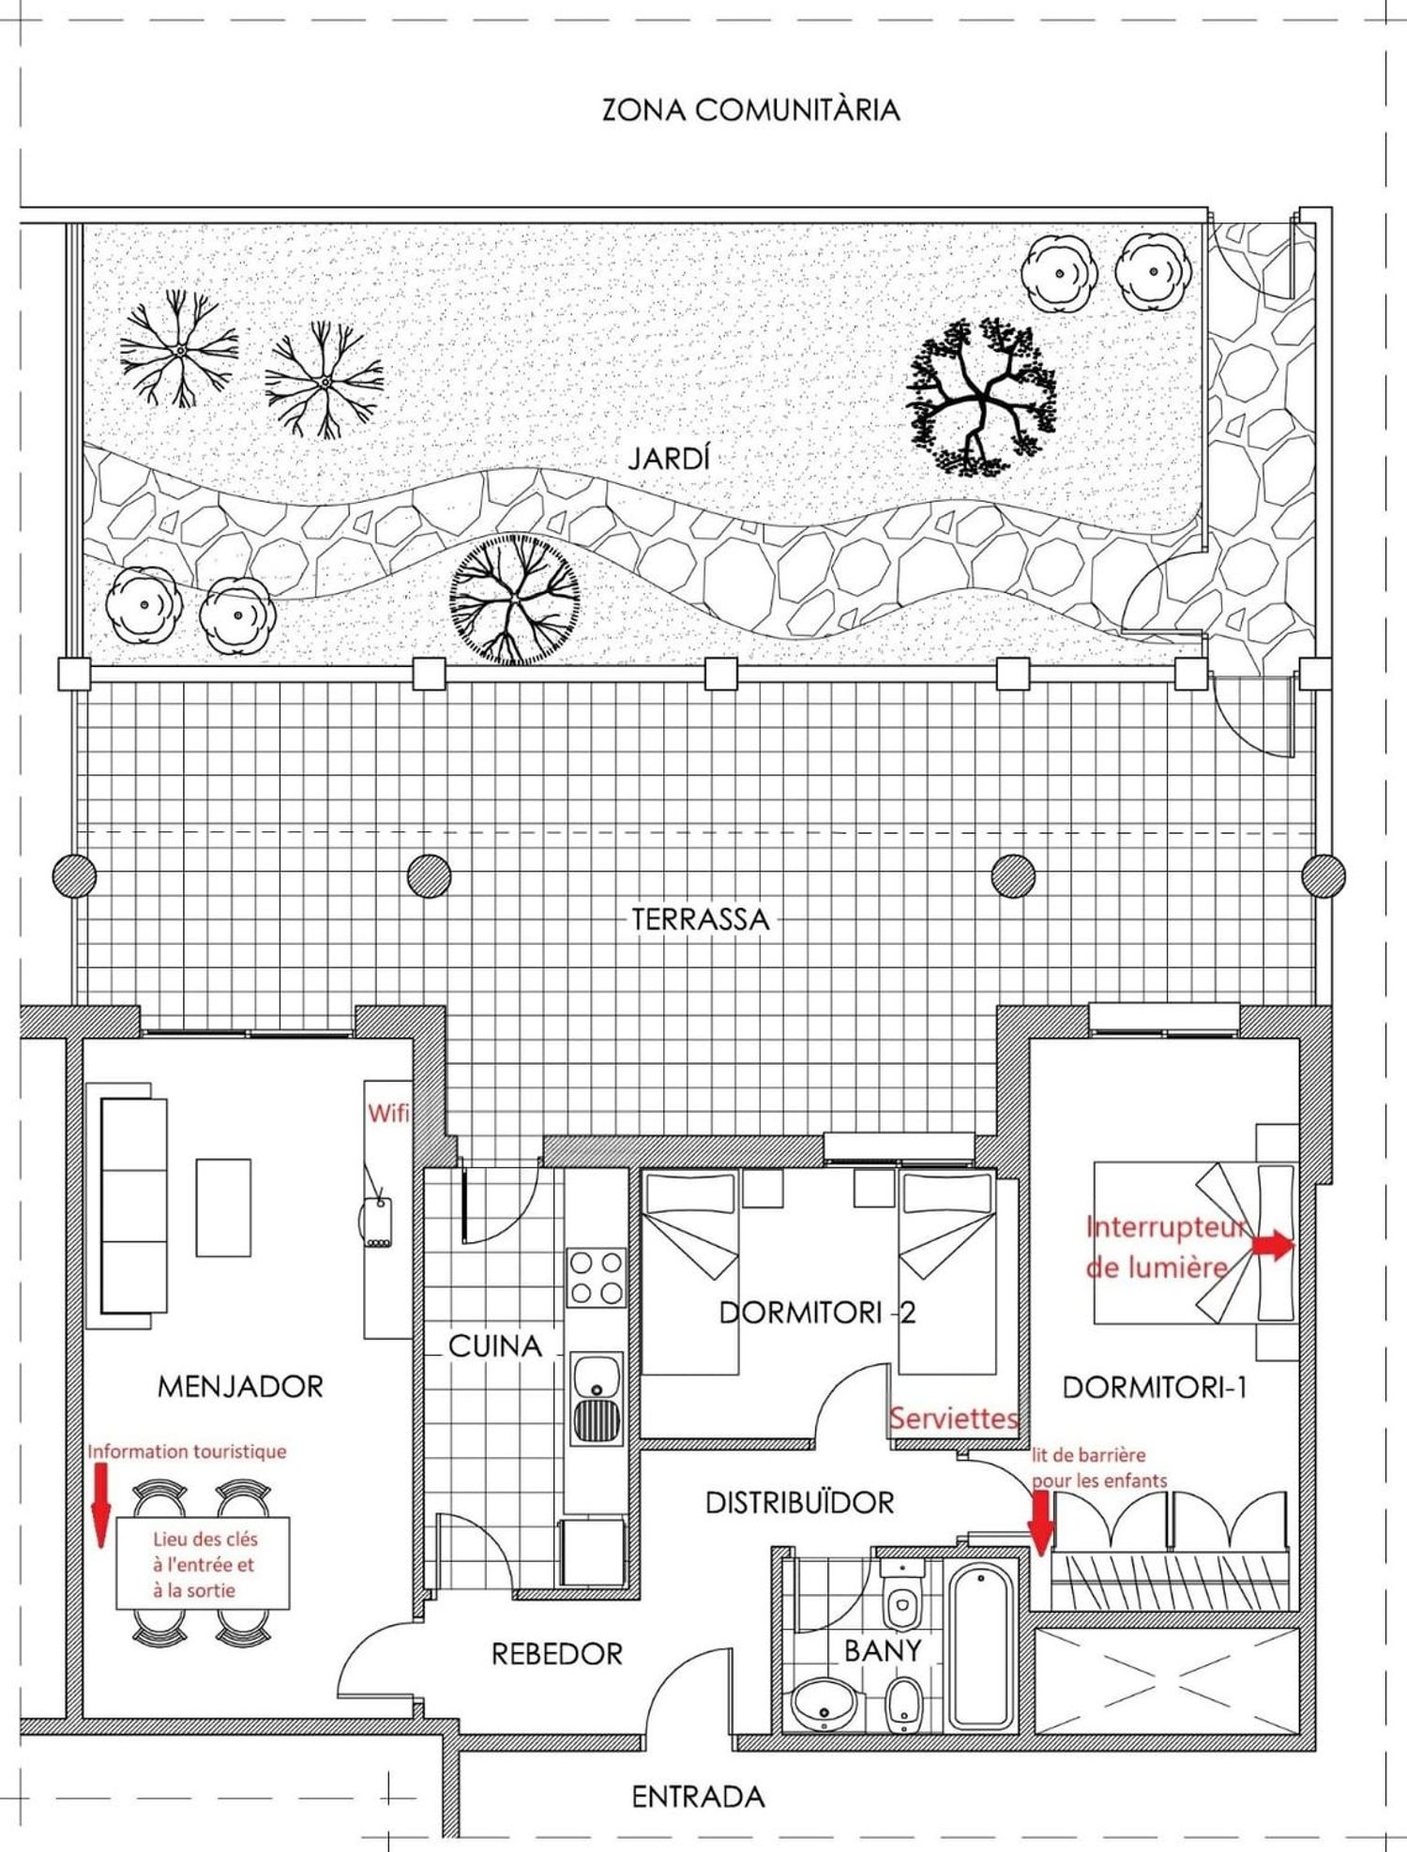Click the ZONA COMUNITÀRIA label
pyautogui.click(x=750, y=110)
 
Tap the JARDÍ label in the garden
pyautogui.click(x=669, y=459)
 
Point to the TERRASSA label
pyautogui.click(x=700, y=919)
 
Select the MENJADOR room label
pyautogui.click(x=240, y=1387)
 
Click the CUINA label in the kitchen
pyautogui.click(x=495, y=1346)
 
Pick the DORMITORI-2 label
pyautogui.click(x=817, y=1313)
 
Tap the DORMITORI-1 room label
pyautogui.click(x=1155, y=1387)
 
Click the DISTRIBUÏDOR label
pyautogui.click(x=800, y=1503)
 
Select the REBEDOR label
pyautogui.click(x=557, y=1654)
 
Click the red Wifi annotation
pyautogui.click(x=388, y=1114)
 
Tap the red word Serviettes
pyautogui.click(x=954, y=1418)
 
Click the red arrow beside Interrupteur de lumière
pyautogui.click(x=1274, y=1245)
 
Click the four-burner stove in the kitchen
pyautogui.click(x=596, y=1278)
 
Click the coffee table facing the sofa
pyautogui.click(x=223, y=1207)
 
